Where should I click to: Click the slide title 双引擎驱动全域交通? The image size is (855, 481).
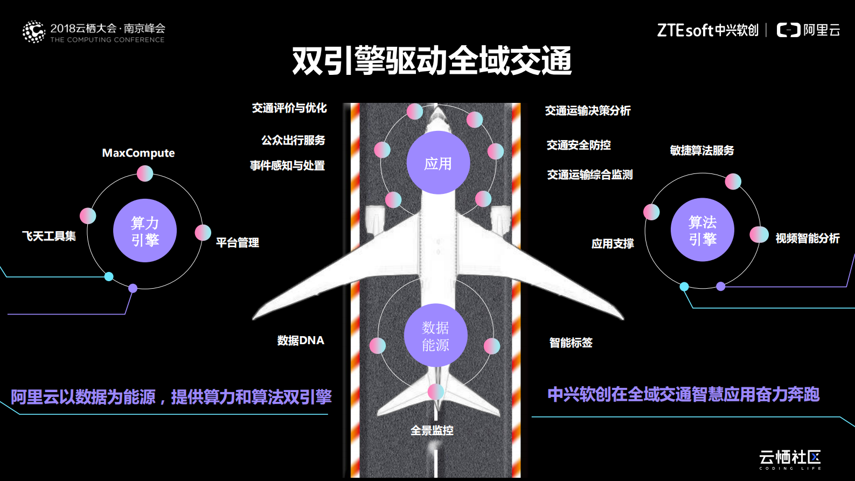click(x=432, y=60)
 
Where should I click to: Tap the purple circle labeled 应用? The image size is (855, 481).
click(x=438, y=163)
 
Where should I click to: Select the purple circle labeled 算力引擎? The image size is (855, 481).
click(x=144, y=231)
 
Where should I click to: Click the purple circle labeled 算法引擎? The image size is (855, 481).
click(x=702, y=230)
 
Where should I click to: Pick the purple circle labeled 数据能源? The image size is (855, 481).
click(x=435, y=336)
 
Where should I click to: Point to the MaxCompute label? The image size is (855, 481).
click(x=138, y=153)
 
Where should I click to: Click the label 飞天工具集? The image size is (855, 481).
click(x=49, y=236)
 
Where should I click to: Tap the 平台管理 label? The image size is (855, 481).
click(x=237, y=242)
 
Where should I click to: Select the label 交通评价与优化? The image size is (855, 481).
click(x=289, y=108)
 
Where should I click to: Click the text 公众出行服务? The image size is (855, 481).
click(x=293, y=141)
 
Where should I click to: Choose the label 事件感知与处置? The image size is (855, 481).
click(x=287, y=165)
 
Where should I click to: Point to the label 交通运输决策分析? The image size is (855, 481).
click(x=588, y=111)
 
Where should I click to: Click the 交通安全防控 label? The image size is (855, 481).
click(x=579, y=145)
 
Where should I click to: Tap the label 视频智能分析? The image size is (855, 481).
click(x=807, y=238)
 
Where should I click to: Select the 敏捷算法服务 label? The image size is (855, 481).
click(x=701, y=151)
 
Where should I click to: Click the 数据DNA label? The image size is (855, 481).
click(x=301, y=340)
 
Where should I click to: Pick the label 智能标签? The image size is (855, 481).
click(x=571, y=343)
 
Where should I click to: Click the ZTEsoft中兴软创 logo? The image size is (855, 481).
click(x=707, y=30)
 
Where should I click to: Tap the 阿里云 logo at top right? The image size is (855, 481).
click(x=808, y=30)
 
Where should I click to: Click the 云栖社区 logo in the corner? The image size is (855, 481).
click(x=790, y=458)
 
